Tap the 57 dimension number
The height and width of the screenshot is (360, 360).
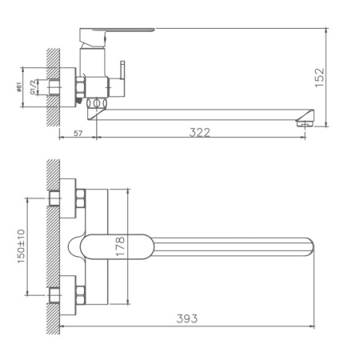pos(77,132)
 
